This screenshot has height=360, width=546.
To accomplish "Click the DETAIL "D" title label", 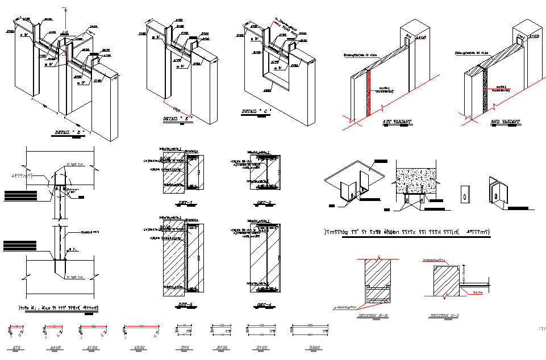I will coord(70,132).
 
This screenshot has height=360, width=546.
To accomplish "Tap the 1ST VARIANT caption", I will coord(397,123).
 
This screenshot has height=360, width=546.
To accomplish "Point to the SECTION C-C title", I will coord(443,316).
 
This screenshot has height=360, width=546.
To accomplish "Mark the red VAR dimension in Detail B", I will coord(177,108).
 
